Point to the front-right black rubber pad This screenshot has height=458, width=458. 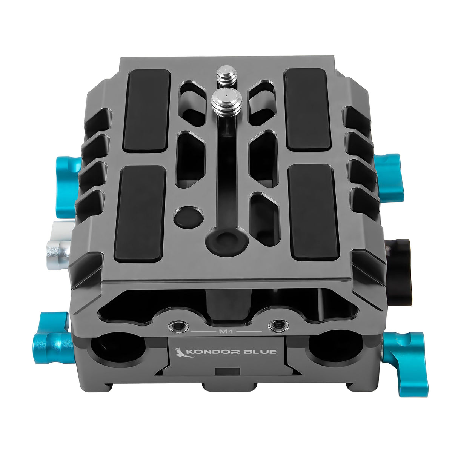point(313,213)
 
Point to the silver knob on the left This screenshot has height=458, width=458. point(58,246)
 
